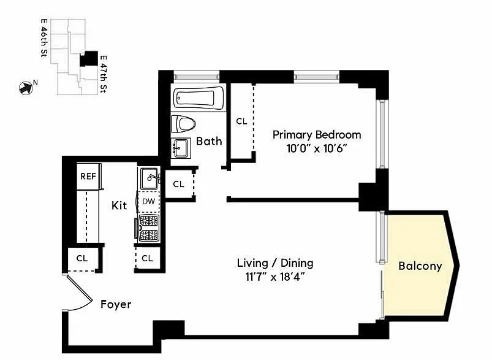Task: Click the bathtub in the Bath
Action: pos(199,98)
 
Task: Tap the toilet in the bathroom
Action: pos(183,124)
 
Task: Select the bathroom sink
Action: pos(181,148)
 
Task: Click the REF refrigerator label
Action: pos(88,176)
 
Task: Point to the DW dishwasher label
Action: pos(148,201)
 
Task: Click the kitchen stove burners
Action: pos(149,228)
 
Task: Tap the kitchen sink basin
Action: pos(149,178)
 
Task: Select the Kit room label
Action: pos(119,205)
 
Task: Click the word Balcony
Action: pos(420,266)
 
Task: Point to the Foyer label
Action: pos(116,304)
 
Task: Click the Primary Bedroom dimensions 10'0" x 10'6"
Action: pos(317,148)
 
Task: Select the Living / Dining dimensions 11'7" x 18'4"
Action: pos(275,277)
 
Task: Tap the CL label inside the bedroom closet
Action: pos(241,121)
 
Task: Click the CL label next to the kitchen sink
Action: pos(178,184)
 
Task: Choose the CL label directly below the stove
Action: pos(147,258)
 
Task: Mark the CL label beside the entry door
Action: pos(82,258)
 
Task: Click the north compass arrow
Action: pos(26,88)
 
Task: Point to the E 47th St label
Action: pos(103,74)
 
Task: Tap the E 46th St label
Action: pos(44,38)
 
